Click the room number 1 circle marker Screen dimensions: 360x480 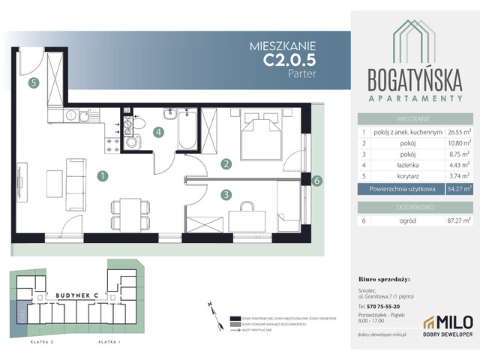(x=101, y=176)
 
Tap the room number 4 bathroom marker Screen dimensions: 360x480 (x=158, y=133)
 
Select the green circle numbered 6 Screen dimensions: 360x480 (x=317, y=181)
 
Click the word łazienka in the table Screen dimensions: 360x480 (x=404, y=165)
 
